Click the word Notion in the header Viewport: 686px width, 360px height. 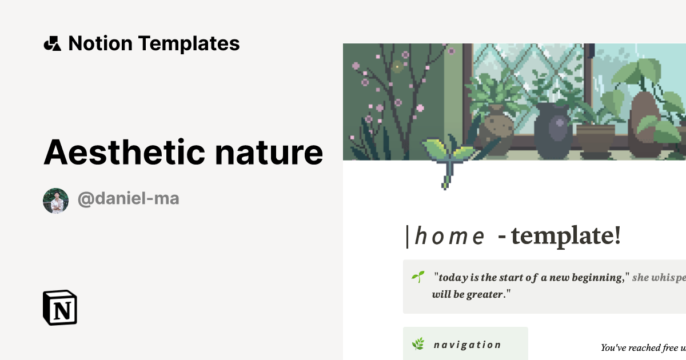tap(100, 43)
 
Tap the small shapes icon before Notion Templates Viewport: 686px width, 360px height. tap(52, 43)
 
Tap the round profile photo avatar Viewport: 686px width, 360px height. tap(56, 201)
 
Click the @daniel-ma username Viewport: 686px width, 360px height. tap(129, 199)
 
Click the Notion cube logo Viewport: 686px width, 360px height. tap(60, 307)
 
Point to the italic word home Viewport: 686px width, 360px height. tap(449, 235)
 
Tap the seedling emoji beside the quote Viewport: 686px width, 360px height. tap(418, 277)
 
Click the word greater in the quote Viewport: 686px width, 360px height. tap(484, 295)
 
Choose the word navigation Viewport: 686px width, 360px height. tap(467, 345)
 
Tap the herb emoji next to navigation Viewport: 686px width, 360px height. tap(418, 344)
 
